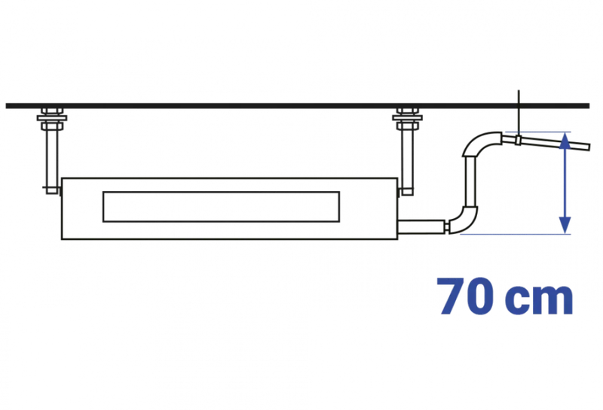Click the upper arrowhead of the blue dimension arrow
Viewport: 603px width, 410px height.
click(x=564, y=141)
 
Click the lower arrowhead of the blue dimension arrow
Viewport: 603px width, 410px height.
click(x=564, y=225)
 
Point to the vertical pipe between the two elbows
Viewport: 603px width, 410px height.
click(x=470, y=181)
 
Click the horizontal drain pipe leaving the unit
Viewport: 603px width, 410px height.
click(x=421, y=226)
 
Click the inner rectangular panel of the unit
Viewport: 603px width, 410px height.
click(x=221, y=207)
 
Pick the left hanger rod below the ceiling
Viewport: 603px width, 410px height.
click(x=52, y=157)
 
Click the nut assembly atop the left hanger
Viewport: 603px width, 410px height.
click(x=52, y=119)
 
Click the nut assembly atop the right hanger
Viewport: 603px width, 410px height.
click(x=407, y=119)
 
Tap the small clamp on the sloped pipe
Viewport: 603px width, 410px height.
click(x=518, y=140)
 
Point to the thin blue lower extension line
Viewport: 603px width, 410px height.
click(x=516, y=234)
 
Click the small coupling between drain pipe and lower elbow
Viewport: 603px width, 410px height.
click(x=446, y=226)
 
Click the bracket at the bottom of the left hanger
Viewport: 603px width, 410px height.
click(x=52, y=190)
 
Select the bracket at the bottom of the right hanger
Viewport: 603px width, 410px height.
click(x=406, y=192)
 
